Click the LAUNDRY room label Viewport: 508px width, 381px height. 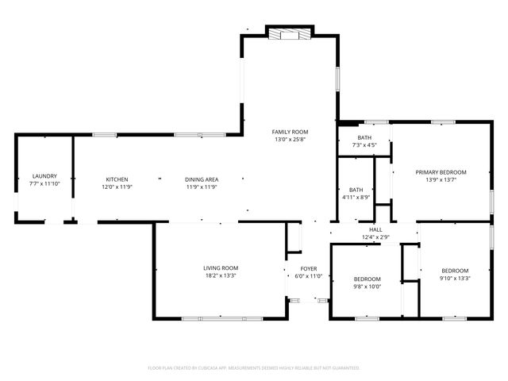click(44, 176)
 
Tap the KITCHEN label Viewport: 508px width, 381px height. click(117, 179)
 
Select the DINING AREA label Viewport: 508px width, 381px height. click(202, 179)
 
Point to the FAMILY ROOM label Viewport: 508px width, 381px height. click(290, 132)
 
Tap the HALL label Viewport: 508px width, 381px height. click(375, 229)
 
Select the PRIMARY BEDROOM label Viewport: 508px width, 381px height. click(441, 172)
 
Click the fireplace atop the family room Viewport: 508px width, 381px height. click(290, 34)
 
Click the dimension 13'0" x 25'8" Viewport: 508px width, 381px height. click(290, 140)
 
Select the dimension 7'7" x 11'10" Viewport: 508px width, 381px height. click(44, 184)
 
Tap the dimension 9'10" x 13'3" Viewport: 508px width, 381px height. click(455, 279)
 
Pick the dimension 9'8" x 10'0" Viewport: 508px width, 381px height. click(367, 287)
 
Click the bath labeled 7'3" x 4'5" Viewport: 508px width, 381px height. click(364, 141)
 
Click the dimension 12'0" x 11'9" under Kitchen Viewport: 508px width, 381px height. click(117, 187)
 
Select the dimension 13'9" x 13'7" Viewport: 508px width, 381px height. click(441, 180)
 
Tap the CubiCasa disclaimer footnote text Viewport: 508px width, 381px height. click(254, 368)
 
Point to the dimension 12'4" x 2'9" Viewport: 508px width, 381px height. click(375, 237)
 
